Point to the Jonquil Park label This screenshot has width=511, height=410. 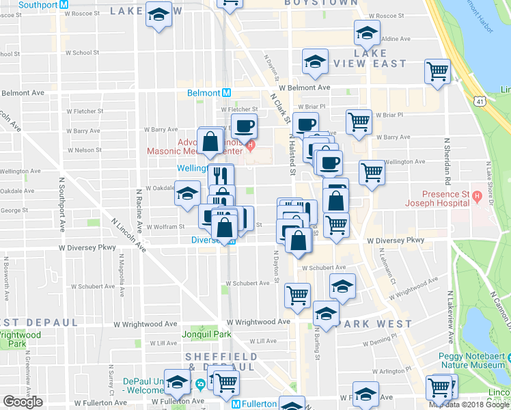coord(206,335)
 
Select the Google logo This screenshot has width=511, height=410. coord(23,402)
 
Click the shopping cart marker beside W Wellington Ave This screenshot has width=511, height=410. coord(372,172)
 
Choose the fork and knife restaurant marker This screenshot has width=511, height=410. coord(220,176)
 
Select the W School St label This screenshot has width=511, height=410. coord(83,53)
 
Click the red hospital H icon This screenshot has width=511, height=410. coord(251,145)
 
